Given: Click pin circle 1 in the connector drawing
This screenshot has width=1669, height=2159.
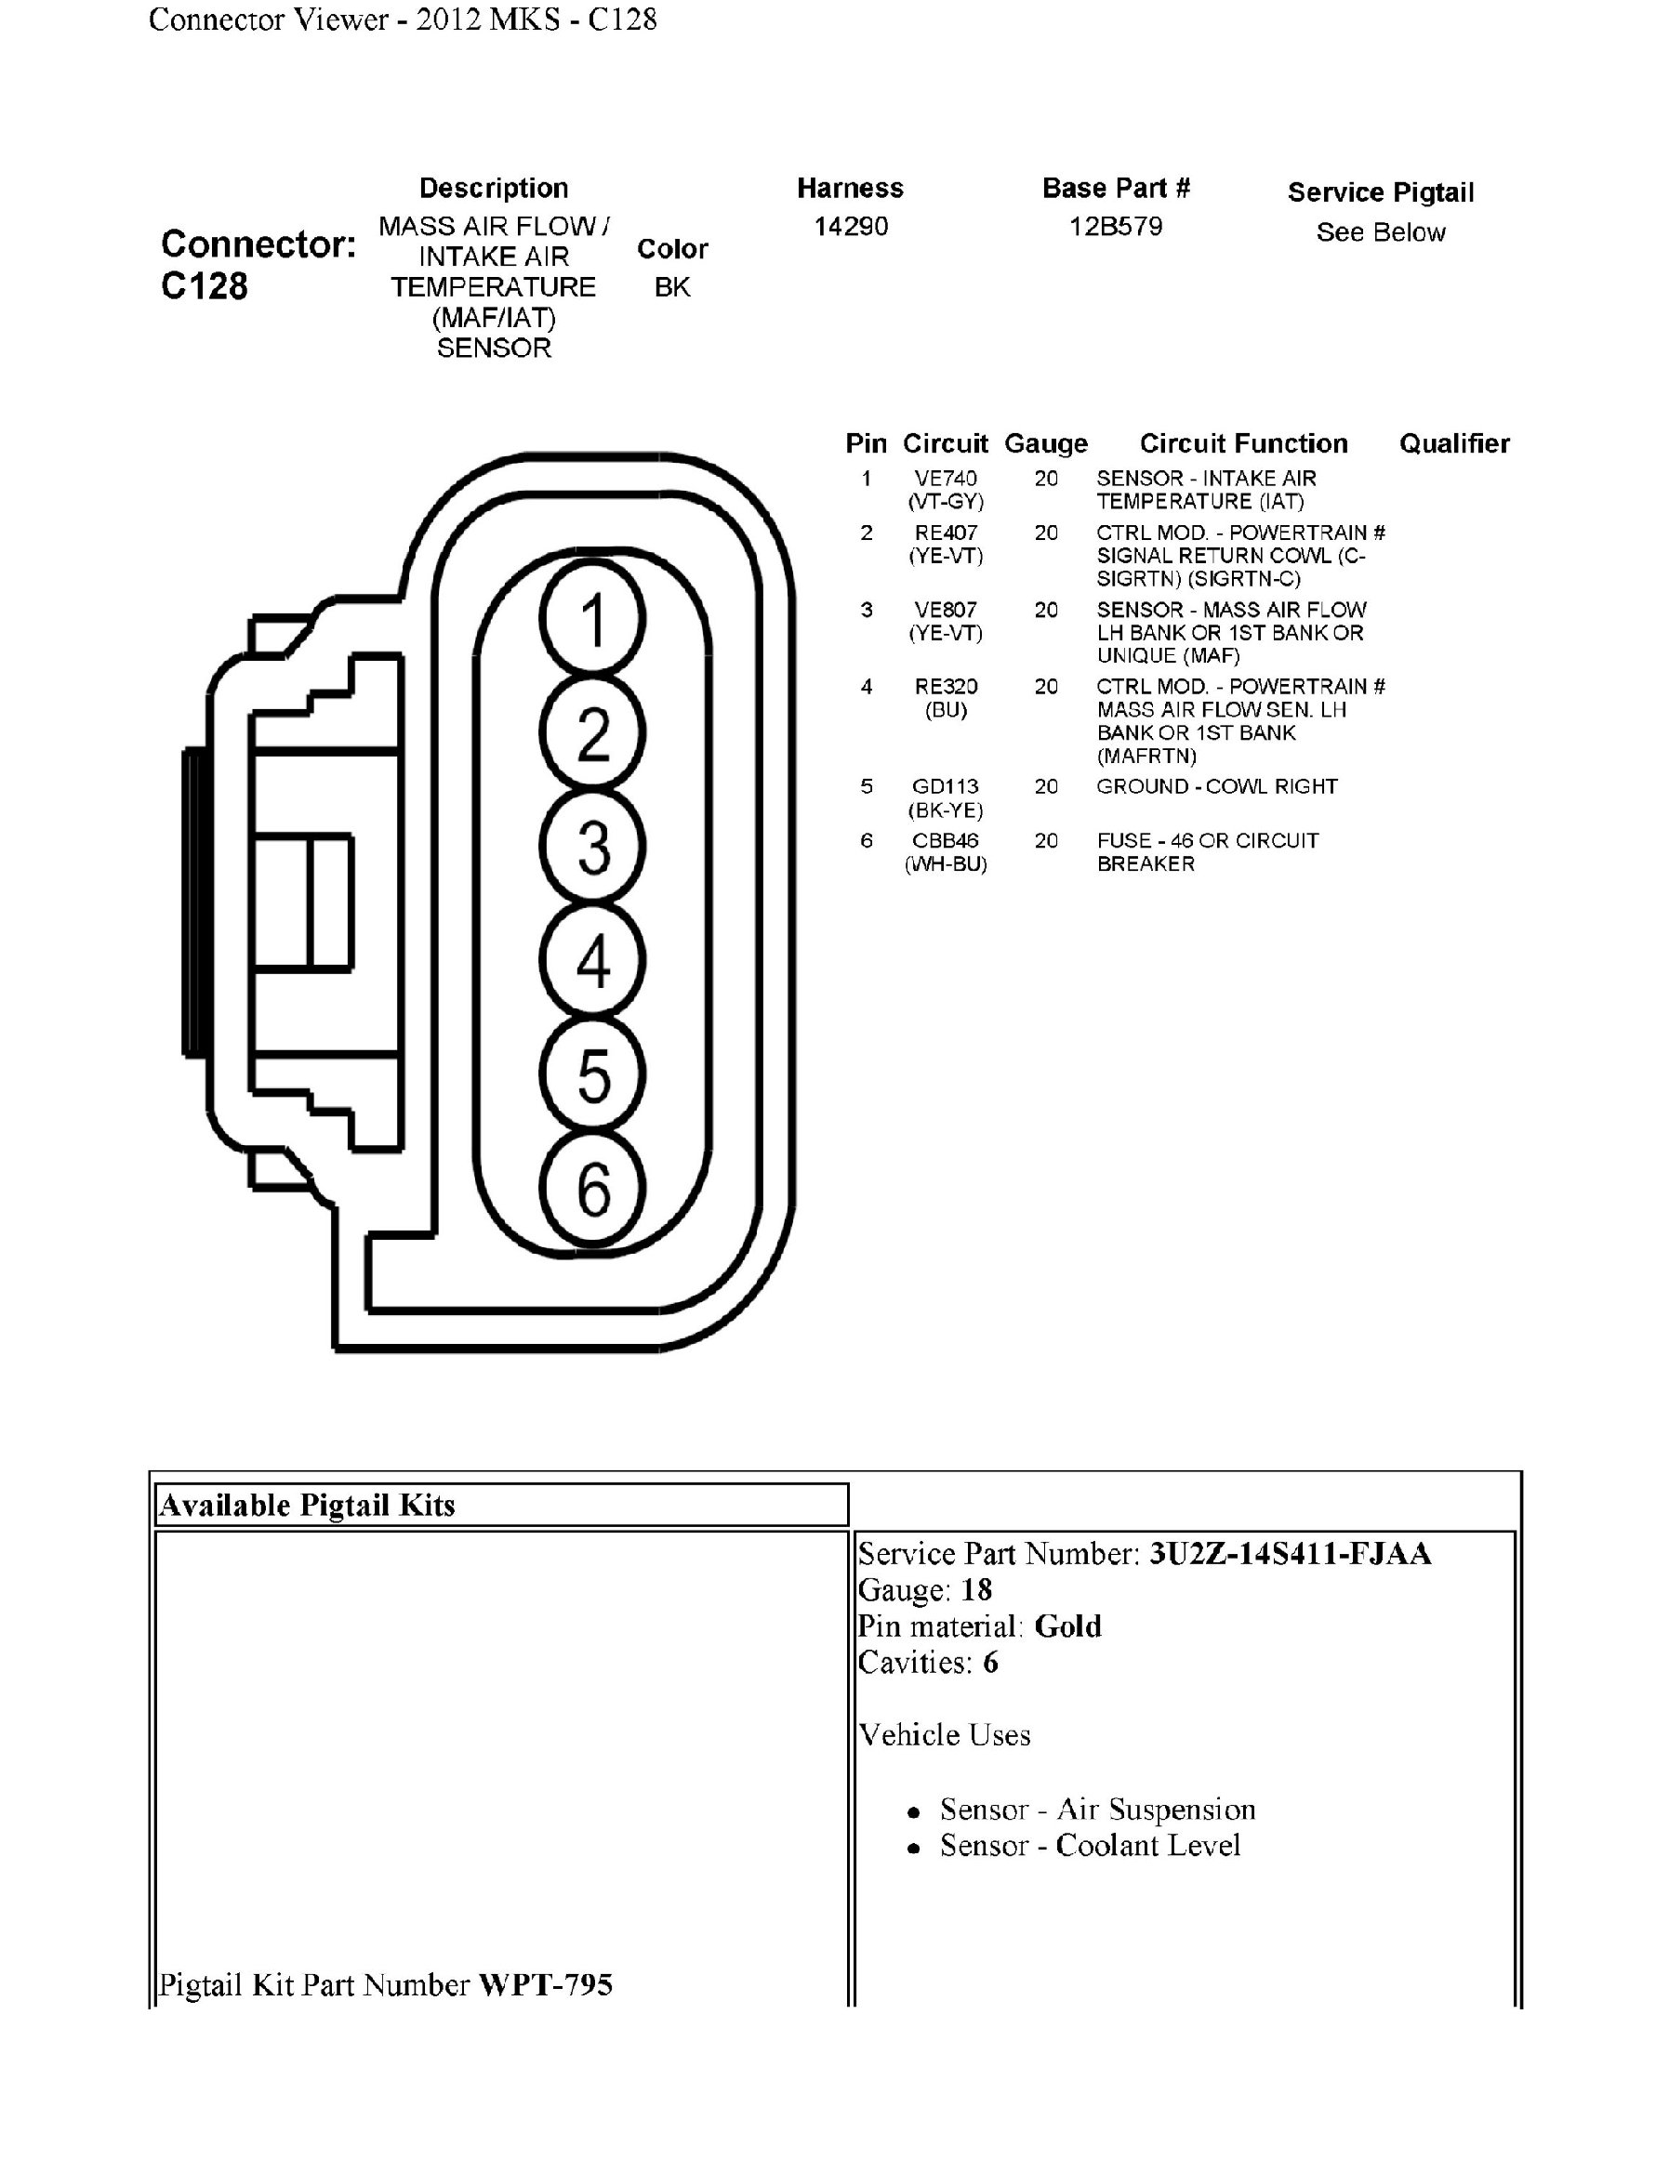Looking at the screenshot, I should (592, 619).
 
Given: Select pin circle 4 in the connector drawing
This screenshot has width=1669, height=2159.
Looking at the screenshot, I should (592, 960).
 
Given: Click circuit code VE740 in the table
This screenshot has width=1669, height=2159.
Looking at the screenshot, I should (946, 479).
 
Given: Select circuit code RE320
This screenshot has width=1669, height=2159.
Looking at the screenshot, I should (946, 686).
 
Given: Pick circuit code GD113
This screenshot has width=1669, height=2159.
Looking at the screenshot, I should (946, 787).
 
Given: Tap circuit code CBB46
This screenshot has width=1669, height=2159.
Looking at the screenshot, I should (946, 840).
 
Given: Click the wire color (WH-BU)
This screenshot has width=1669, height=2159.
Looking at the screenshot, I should (946, 864).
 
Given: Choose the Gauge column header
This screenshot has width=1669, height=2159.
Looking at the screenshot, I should (1045, 444).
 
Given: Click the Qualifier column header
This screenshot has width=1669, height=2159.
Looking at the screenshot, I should (1453, 444).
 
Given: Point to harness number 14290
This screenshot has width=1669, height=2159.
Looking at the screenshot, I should (851, 227).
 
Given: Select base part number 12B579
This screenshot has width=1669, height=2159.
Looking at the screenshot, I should (1116, 227).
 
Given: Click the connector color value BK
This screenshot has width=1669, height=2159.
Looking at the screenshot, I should (672, 288).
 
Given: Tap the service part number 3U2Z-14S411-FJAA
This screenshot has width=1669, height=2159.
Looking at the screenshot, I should (1290, 1554).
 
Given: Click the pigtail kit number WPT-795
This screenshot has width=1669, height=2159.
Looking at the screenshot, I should (545, 1985).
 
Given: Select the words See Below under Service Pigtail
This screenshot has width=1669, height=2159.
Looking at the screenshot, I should (1380, 232).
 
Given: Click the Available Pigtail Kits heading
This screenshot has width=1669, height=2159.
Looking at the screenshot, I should (307, 1506).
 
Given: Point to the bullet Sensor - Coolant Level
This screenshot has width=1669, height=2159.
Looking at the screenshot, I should (1090, 1846).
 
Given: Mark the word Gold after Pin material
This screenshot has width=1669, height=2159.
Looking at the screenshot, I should (1067, 1626).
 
